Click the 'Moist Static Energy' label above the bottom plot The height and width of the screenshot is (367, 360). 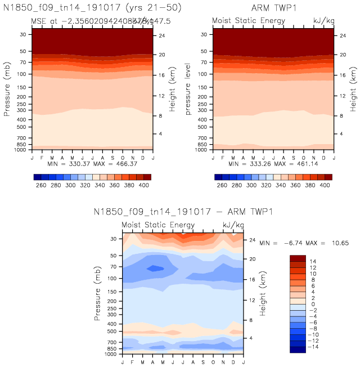tap(158, 225)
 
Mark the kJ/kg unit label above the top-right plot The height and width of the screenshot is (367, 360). tap(323, 21)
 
